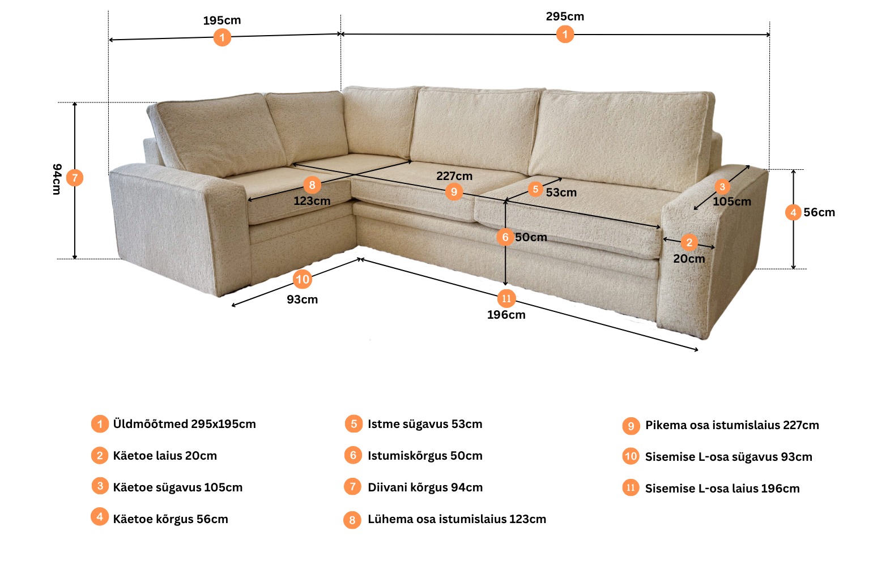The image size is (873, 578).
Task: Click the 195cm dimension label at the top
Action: coord(222,20)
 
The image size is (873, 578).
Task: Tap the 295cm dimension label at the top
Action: coord(565,16)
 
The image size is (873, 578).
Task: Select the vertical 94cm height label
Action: coord(57,179)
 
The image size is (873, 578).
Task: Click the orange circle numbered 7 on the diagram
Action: coord(74,178)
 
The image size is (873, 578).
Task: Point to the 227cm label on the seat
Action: coord(454,176)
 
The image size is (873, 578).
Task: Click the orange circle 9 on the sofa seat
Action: coord(454,191)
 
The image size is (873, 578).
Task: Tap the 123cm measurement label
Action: coord(312,201)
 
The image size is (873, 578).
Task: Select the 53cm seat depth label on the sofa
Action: coord(561,192)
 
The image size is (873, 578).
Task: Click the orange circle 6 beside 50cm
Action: coord(505,237)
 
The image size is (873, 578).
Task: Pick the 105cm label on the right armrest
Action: coord(732,202)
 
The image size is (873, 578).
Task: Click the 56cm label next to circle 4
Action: coord(819,212)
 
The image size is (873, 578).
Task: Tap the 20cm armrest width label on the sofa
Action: coord(689,259)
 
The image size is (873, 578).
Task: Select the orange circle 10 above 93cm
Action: coord(303,279)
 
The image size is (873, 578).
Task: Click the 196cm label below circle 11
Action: coord(506,315)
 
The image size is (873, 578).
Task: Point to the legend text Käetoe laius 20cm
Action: coord(165,456)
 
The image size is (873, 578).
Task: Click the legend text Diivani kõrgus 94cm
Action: coord(425,487)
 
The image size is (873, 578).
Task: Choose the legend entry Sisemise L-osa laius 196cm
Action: coord(722,489)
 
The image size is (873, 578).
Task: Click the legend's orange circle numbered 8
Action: coord(352,520)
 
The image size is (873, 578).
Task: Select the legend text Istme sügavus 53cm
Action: coord(425,424)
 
